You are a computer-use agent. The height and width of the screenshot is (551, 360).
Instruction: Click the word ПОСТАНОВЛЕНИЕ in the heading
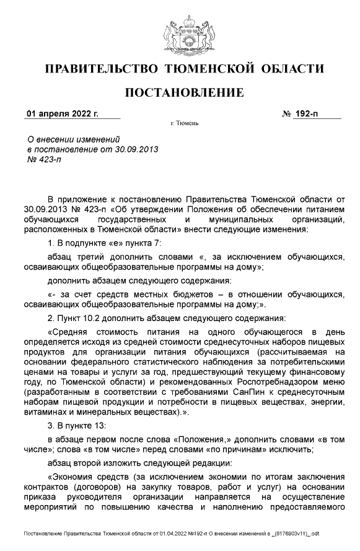(185, 93)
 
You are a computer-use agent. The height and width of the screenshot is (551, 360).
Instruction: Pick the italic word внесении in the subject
(56, 140)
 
